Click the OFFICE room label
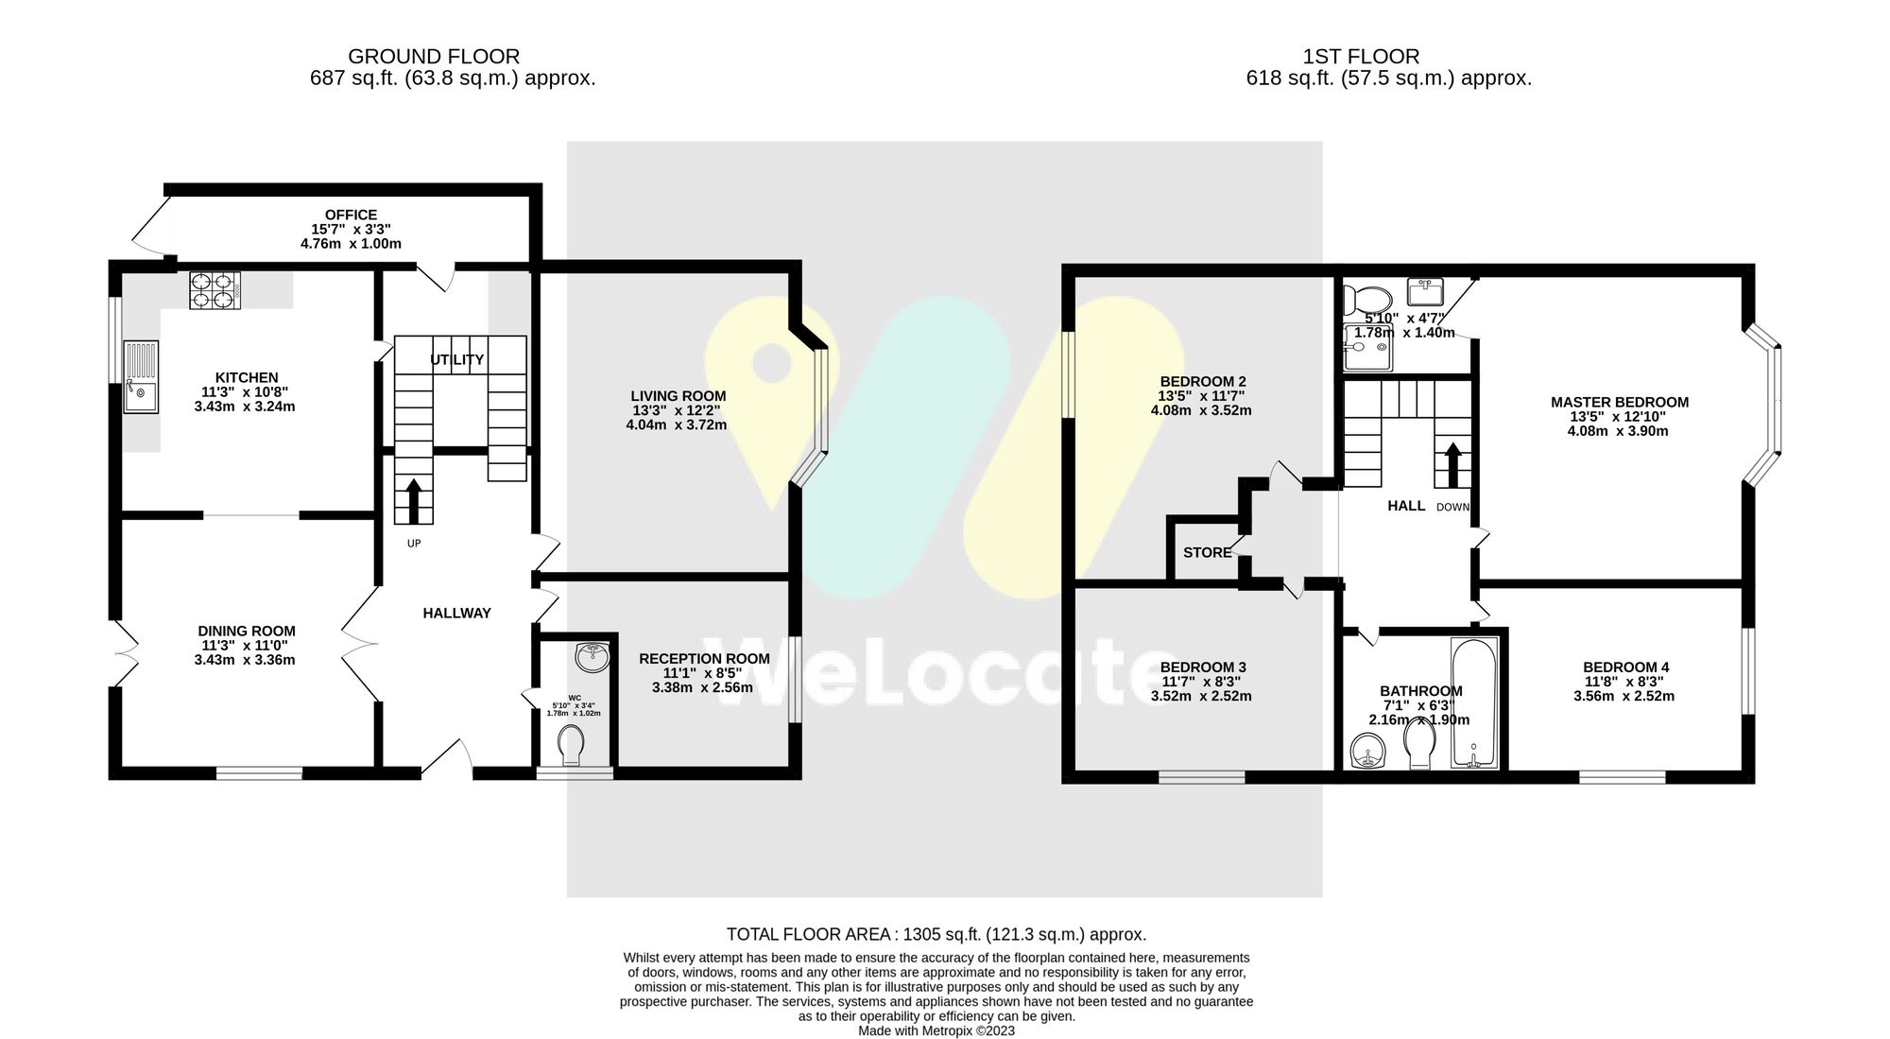coord(351,215)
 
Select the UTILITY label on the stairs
coord(456,359)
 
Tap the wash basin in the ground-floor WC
coord(593,657)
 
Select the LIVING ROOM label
coord(678,396)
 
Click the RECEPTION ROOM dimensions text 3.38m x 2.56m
coord(702,687)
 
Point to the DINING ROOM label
coord(246,631)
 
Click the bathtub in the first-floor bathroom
coord(1474,702)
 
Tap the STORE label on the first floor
coord(1207,552)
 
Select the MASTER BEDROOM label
coord(1619,402)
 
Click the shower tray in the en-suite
coord(1367,348)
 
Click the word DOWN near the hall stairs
coord(1452,507)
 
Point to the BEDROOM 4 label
coord(1625,667)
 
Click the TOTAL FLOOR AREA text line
coord(936,934)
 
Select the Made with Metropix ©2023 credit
coord(936,1030)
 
